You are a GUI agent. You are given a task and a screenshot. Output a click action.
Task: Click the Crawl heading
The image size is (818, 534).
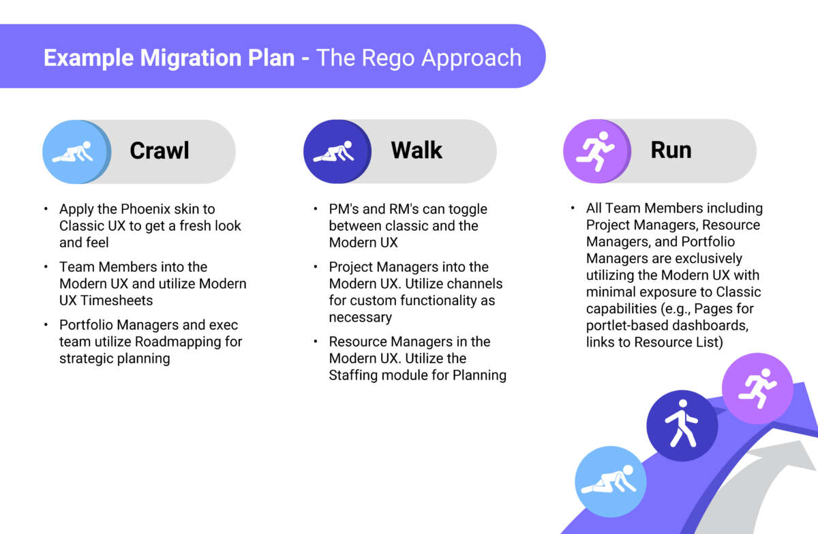tap(160, 151)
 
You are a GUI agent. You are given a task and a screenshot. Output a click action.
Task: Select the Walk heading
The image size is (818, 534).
tap(416, 151)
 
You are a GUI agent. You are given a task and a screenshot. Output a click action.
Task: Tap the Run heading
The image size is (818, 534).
tap(671, 151)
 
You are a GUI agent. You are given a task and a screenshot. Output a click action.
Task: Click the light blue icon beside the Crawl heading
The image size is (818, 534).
tap(76, 151)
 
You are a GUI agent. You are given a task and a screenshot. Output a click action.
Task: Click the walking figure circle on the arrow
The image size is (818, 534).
tap(682, 426)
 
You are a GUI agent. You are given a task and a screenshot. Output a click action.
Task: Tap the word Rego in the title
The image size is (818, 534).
tap(392, 57)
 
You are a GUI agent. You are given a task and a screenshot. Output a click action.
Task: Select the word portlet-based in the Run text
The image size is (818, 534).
tap(625, 326)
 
